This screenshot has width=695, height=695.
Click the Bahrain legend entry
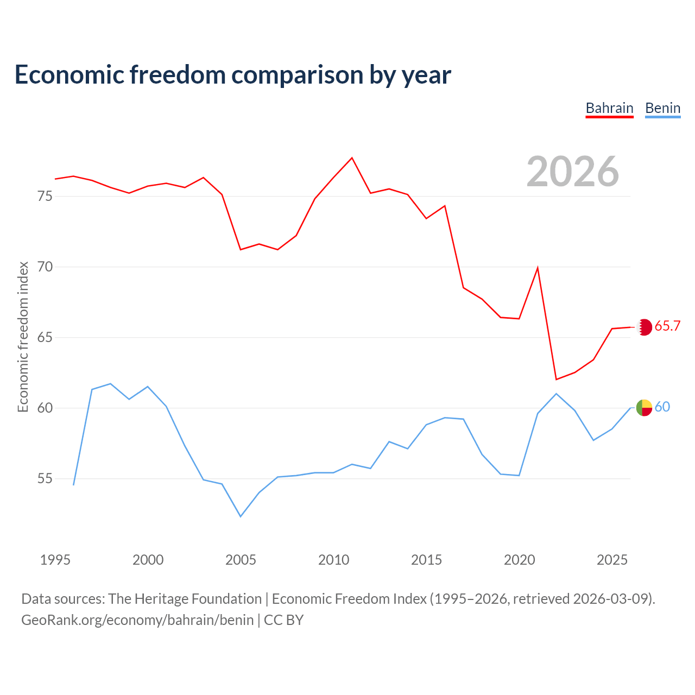click(609, 108)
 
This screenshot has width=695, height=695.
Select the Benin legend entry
click(662, 108)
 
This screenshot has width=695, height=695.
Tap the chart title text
click(232, 74)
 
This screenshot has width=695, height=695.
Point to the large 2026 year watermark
click(573, 172)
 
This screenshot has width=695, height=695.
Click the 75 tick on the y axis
click(45, 196)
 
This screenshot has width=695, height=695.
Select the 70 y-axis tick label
click(45, 267)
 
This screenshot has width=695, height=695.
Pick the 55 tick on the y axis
click(45, 478)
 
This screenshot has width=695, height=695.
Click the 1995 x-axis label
click(55, 560)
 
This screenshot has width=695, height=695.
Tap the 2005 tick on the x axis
click(241, 560)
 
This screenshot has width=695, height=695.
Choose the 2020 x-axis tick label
click(519, 560)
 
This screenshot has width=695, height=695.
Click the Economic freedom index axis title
click(23, 337)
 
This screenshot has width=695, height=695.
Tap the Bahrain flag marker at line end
click(644, 327)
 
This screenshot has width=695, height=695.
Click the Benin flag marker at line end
click(644, 407)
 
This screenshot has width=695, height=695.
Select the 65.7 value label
click(667, 326)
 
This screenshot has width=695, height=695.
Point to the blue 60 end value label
click(662, 407)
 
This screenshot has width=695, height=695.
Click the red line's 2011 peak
click(352, 158)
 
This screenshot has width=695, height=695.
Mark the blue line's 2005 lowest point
click(241, 516)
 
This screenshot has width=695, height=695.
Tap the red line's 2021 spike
click(538, 268)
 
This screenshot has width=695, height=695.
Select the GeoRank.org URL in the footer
click(137, 620)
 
